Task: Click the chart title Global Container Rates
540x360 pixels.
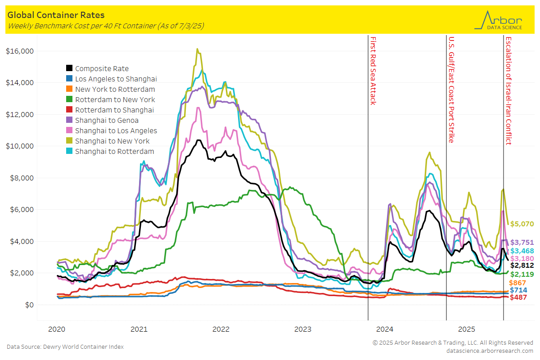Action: tap(56, 15)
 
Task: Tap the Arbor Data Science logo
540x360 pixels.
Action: tap(499, 20)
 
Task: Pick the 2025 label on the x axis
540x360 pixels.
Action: tap(467, 329)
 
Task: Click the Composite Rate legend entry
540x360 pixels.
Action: tap(102, 68)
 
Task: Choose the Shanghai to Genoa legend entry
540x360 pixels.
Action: tap(107, 120)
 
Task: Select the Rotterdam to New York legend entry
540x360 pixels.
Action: tap(115, 99)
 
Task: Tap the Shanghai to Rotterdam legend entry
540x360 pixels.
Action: tap(114, 151)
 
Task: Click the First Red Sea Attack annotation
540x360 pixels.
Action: tap(373, 71)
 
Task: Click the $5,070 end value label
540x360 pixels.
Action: tap(522, 224)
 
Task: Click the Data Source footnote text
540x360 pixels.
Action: tap(65, 346)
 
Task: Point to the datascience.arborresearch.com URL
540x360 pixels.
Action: tap(490, 351)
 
